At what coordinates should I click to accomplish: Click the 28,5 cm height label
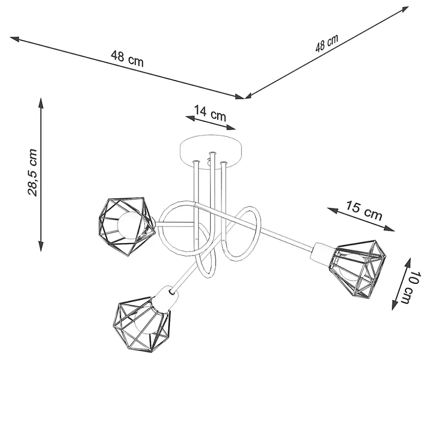pyautogui.click(x=32, y=172)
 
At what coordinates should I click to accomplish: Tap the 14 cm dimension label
pyautogui.click(x=210, y=113)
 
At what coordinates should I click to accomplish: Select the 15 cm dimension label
pyautogui.click(x=364, y=210)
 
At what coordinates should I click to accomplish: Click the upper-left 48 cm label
pyautogui.click(x=127, y=59)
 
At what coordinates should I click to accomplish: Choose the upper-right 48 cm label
pyautogui.click(x=326, y=43)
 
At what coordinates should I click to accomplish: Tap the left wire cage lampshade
pyautogui.click(x=126, y=227)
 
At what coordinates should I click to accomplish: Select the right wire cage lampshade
pyautogui.click(x=358, y=269)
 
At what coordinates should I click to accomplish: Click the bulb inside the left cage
pyautogui.click(x=129, y=226)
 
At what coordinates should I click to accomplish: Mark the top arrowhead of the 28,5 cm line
pyautogui.click(x=41, y=103)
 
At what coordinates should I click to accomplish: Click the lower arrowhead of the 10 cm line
pyautogui.click(x=394, y=305)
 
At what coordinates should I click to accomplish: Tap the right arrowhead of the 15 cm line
pyautogui.click(x=390, y=229)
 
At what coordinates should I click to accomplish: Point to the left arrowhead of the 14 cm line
pyautogui.click(x=190, y=118)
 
